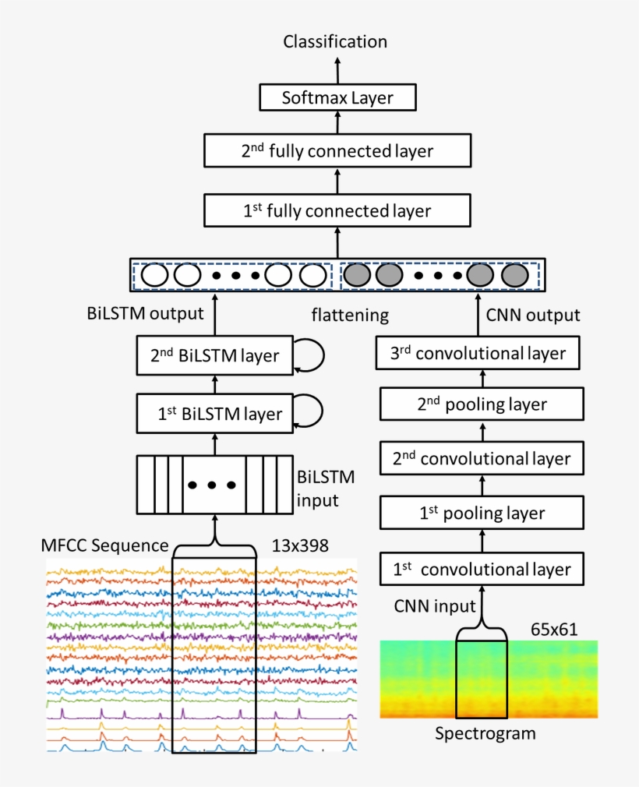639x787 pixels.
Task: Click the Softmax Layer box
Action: [x=337, y=98]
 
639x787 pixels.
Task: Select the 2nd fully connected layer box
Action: [x=337, y=150]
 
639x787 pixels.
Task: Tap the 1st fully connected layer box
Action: [x=337, y=210]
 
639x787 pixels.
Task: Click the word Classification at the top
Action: [x=335, y=42]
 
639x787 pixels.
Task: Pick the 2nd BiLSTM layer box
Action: [x=214, y=355]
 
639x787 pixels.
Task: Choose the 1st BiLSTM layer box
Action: [x=214, y=414]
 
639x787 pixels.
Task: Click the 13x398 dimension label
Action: [x=300, y=545]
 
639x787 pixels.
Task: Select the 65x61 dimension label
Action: [x=554, y=630]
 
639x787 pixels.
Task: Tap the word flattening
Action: [x=350, y=316]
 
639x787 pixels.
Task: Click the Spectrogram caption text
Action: [x=485, y=733]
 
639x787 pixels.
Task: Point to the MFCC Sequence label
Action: [x=104, y=545]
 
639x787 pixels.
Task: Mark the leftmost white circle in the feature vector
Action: [x=154, y=275]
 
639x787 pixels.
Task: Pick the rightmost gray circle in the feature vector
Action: [x=514, y=275]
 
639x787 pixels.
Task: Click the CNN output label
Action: [x=533, y=316]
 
